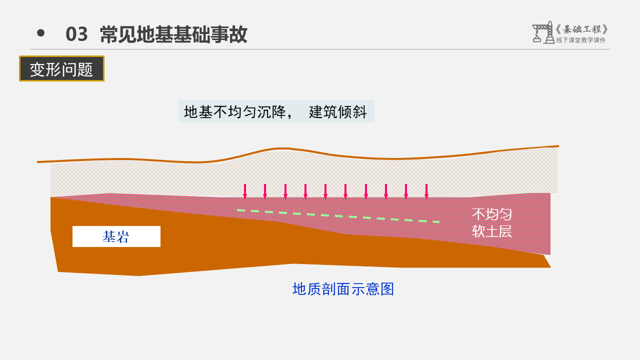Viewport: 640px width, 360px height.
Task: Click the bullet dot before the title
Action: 41,33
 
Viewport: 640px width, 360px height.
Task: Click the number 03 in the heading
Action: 77,34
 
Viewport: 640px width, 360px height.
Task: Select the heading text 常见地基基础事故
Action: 173,34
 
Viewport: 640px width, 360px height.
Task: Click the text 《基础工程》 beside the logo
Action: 582,29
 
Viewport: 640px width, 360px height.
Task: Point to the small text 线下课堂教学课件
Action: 580,40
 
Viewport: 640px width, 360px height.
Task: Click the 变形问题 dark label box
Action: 61,69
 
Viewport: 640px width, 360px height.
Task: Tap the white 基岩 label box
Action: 116,236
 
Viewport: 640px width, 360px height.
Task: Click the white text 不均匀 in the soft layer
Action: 492,214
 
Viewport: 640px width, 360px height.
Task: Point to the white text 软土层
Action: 492,231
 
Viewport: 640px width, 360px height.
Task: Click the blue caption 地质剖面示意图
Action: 343,289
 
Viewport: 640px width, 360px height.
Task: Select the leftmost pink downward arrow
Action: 245,191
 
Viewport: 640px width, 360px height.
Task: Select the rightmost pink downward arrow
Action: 426,191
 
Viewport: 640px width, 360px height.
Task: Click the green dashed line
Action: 338,216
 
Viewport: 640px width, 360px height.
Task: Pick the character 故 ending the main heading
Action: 239,34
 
